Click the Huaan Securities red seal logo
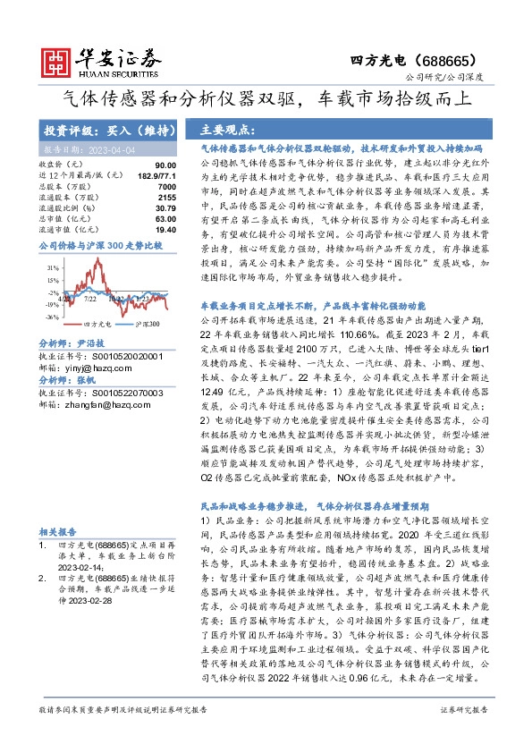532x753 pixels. [x=58, y=60]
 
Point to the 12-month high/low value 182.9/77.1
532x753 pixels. [x=156, y=177]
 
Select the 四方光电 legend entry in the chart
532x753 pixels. [x=95, y=323]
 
